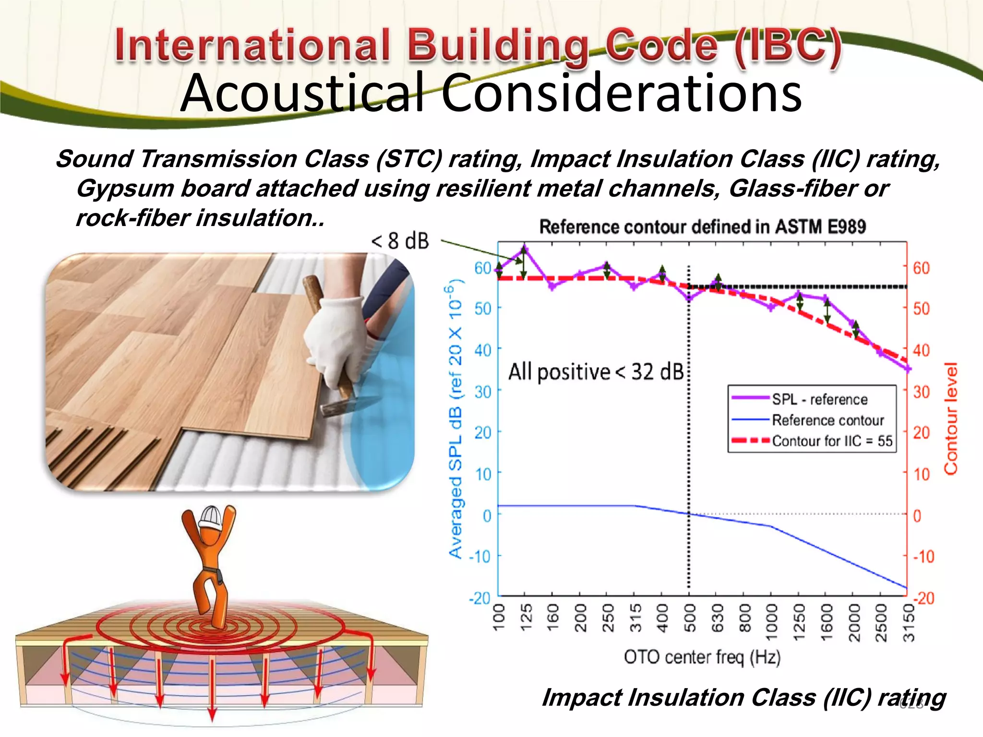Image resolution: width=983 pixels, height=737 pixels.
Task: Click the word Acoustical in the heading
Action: tap(302, 94)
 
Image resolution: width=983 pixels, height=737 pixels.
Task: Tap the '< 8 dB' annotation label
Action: tap(400, 241)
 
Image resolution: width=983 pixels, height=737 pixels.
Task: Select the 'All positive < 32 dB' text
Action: tap(596, 372)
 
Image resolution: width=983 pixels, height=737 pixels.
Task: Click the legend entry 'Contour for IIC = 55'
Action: tap(832, 441)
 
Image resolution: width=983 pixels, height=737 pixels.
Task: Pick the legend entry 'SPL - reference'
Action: tap(819, 399)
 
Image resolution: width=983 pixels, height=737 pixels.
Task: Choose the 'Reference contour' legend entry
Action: tap(827, 420)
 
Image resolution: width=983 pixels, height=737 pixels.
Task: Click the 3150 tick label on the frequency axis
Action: tap(909, 622)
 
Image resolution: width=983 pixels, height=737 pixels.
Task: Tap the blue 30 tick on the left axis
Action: tap(483, 392)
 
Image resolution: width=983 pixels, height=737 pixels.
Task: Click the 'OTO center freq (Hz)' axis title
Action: tap(702, 657)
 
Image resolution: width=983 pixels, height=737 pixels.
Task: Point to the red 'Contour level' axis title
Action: tap(951, 418)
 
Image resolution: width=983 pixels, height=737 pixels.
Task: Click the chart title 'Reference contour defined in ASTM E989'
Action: tap(702, 226)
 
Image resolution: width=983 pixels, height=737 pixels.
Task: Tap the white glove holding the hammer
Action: tap(336, 336)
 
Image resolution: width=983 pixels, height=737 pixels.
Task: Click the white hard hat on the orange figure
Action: tap(211, 517)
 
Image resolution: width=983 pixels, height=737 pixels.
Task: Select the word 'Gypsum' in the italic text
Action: tap(125, 189)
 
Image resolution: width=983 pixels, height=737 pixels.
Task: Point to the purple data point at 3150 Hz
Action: tap(908, 369)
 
